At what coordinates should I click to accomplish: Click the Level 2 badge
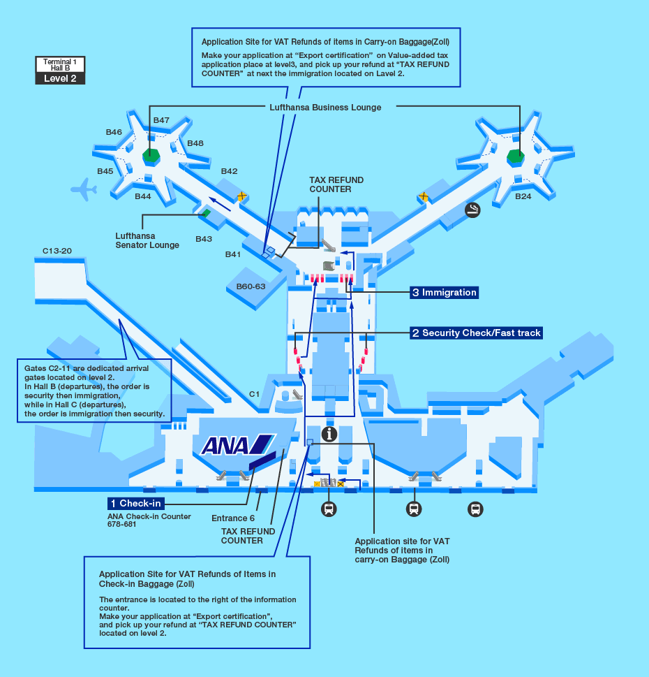pos(60,78)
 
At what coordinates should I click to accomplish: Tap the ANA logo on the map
pos(238,444)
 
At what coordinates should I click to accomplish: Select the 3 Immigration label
pos(444,293)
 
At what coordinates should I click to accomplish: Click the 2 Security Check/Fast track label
pos(476,333)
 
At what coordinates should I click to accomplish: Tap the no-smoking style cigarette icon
pos(473,209)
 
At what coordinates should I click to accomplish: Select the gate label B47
pos(161,120)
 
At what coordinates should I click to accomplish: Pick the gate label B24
pos(523,196)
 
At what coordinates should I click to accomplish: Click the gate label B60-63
pos(251,286)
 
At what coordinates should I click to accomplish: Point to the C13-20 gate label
pos(57,250)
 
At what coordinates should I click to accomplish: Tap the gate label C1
pos(254,394)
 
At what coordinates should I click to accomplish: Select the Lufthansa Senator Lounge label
pos(147,240)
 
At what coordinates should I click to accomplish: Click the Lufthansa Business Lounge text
pos(325,107)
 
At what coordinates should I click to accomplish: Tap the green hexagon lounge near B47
pos(151,156)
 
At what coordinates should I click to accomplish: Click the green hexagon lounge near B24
pos(516,156)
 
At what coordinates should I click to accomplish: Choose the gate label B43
pos(204,239)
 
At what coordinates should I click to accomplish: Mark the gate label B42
pos(229,171)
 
